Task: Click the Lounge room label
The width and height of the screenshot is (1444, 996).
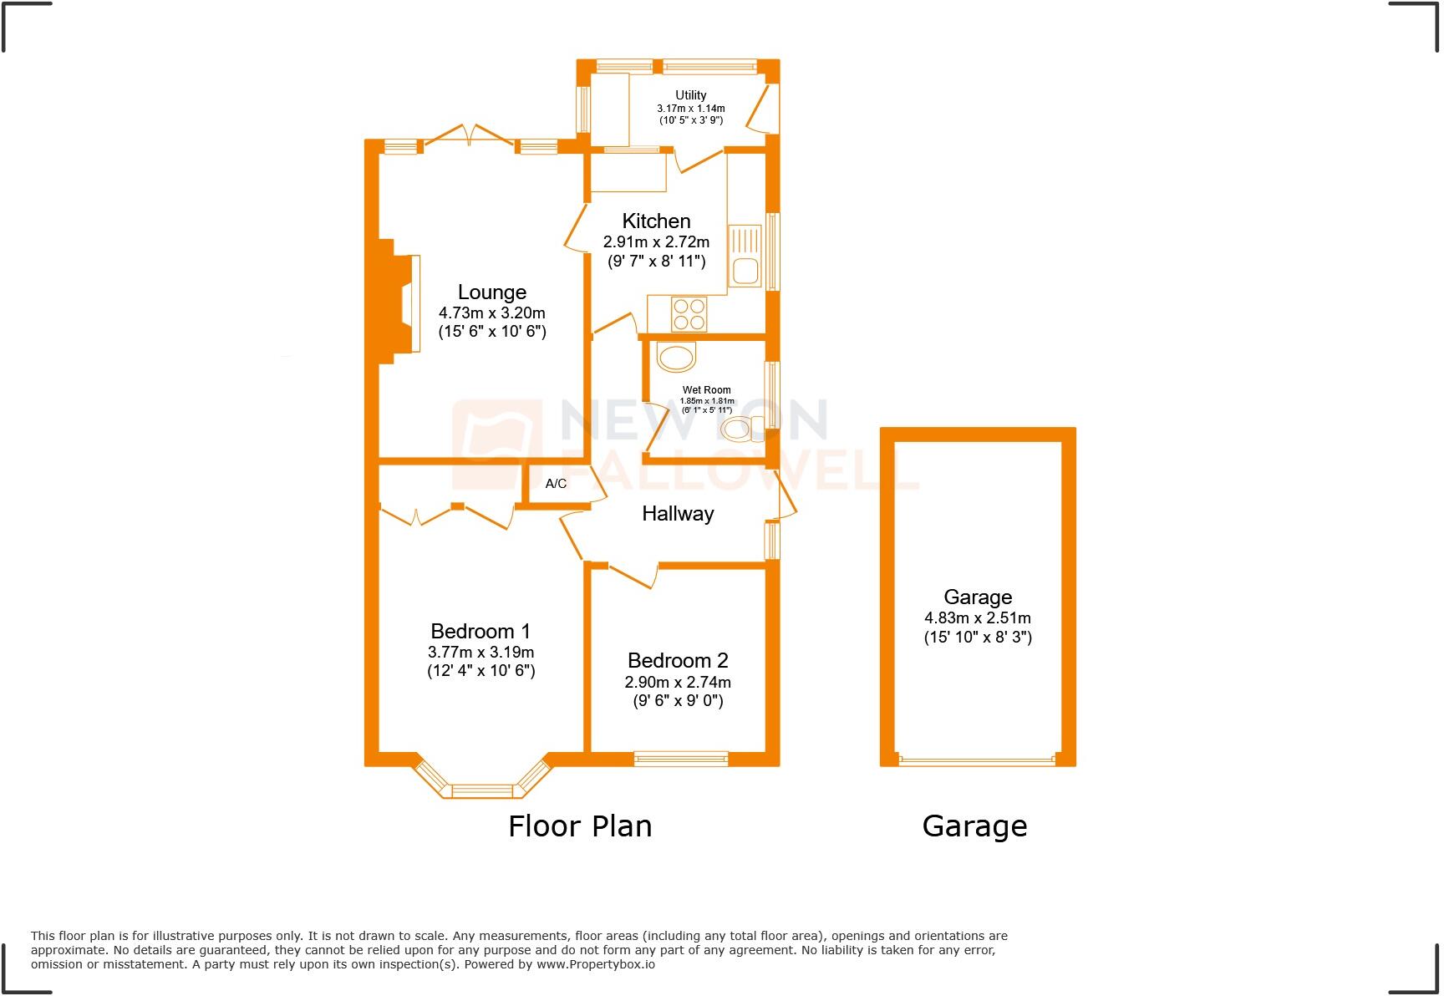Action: tap(491, 292)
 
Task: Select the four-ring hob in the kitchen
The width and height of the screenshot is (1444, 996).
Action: tap(689, 314)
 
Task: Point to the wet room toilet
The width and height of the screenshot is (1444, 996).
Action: tap(740, 430)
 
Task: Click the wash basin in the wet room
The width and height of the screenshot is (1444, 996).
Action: tap(676, 358)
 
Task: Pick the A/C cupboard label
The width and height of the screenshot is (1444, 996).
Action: tap(556, 484)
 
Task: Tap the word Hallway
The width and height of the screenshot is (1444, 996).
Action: tap(678, 514)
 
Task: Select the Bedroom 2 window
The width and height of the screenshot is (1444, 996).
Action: tap(680, 759)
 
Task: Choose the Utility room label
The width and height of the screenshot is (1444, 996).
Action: tap(690, 95)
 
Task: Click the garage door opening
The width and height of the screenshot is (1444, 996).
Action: tap(977, 761)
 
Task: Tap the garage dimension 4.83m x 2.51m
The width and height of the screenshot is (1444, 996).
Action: tap(977, 618)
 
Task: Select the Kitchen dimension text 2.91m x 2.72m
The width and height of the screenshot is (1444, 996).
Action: tap(656, 242)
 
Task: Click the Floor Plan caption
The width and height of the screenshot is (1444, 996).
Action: tap(580, 826)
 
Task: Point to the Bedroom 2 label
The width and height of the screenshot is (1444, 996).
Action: tap(678, 661)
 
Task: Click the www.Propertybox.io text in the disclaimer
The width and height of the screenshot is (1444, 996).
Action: tap(595, 964)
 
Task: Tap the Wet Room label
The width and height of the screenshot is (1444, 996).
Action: tap(706, 390)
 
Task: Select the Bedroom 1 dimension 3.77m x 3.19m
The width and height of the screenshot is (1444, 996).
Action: tap(480, 653)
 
